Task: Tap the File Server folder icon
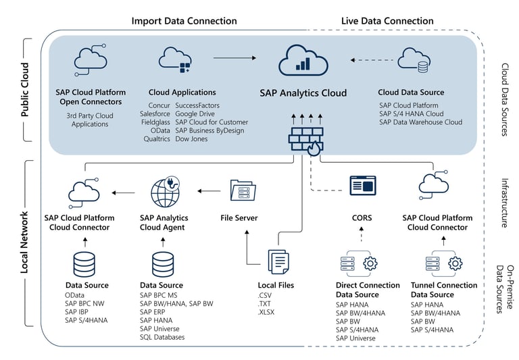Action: coord(243,191)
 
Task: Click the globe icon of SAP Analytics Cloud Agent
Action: coord(165,192)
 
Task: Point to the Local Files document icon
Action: coord(278,261)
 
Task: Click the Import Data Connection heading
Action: coord(184,21)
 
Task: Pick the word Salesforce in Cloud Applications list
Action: coord(155,114)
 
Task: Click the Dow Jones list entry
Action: coord(193,138)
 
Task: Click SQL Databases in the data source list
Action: coord(162,337)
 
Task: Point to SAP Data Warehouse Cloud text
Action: coord(420,122)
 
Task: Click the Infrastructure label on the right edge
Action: coord(504,203)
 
